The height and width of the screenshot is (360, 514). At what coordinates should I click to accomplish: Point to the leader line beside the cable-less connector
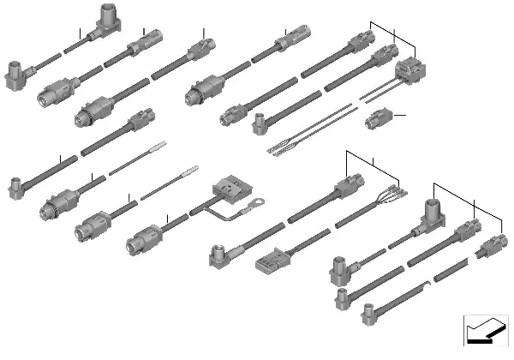pyautogui.click(x=398, y=115)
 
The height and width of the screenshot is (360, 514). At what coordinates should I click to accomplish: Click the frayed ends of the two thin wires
pyautogui.click(x=279, y=149)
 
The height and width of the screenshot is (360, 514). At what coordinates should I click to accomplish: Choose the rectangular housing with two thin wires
pyautogui.click(x=408, y=74)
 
